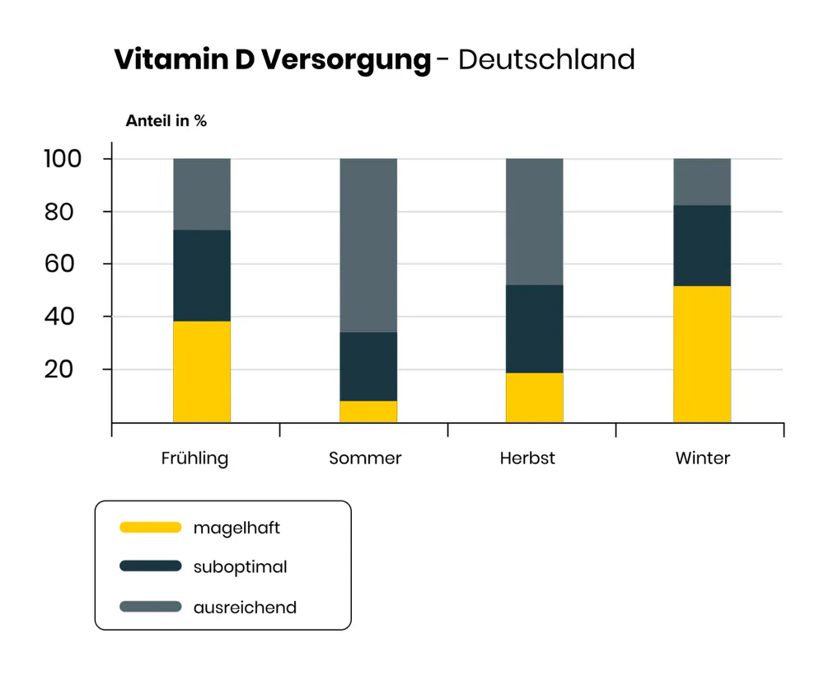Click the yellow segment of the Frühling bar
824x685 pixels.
pos(202,371)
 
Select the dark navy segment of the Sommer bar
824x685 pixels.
pos(368,366)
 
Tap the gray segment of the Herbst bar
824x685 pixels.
pos(535,221)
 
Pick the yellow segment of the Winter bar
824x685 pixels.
pos(702,354)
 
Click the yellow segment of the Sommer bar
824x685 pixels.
pos(368,411)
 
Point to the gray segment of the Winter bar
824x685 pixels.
pos(702,181)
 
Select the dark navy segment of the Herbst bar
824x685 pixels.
pos(535,329)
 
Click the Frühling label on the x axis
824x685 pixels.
pos(194,458)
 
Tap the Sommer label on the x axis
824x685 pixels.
pos(365,458)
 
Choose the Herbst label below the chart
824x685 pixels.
pos(527,458)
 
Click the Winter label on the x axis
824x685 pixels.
pos(703,458)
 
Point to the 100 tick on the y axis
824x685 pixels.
pos(63,158)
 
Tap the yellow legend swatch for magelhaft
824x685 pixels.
pos(150,528)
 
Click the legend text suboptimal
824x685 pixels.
pos(241,567)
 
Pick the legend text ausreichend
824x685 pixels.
pos(245,608)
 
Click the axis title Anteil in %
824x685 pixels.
pos(166,121)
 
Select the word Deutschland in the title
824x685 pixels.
pos(546,59)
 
